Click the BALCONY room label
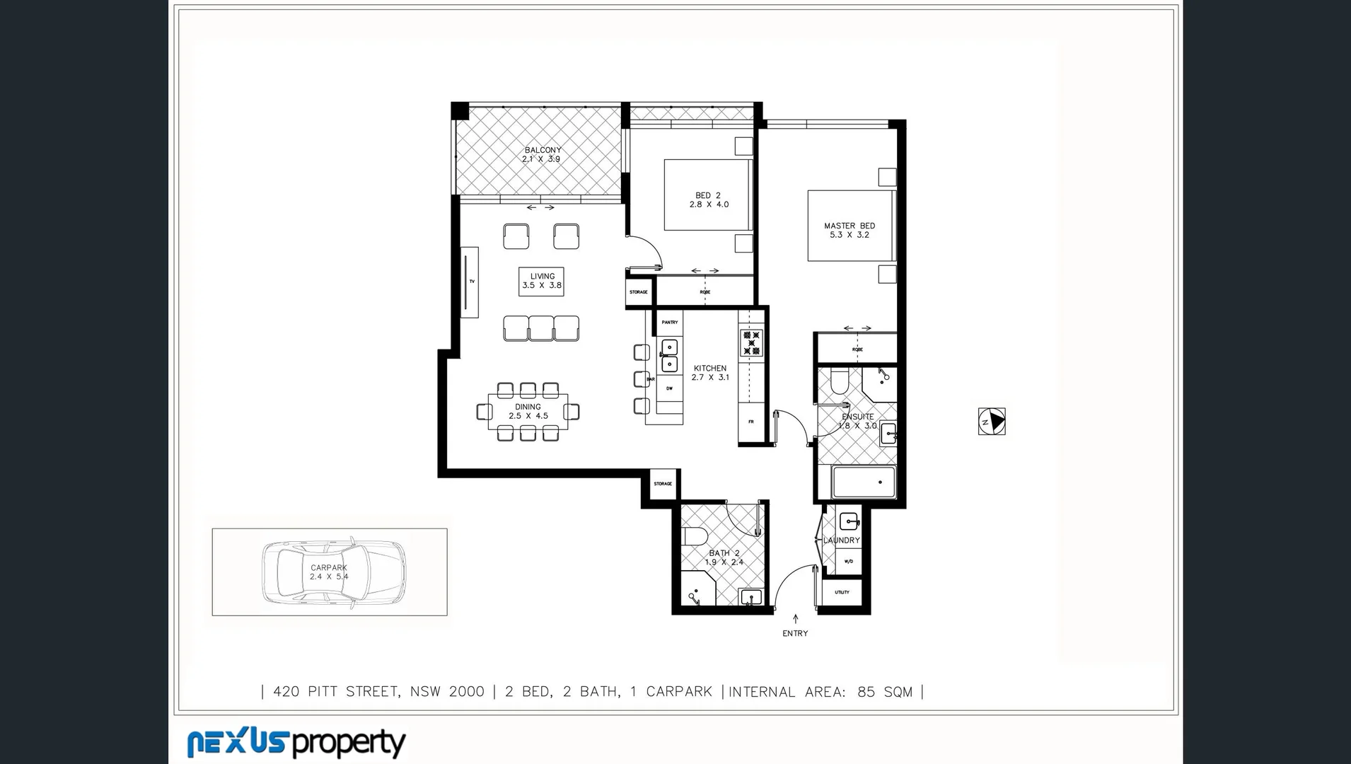pos(543,150)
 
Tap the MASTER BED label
pos(849,226)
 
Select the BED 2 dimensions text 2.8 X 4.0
pos(709,204)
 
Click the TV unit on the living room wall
pos(470,282)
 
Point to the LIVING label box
pos(541,282)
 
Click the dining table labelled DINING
pos(528,412)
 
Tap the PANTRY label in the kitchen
pos(669,323)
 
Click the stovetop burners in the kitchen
pos(750,342)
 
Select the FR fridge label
pos(751,422)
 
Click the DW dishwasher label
pos(669,388)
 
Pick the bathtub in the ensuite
pos(864,482)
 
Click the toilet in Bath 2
pos(692,538)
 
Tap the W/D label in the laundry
pos(849,562)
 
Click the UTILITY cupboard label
pos(842,592)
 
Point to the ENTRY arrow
pos(795,619)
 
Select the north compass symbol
pos(992,422)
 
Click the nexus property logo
pos(296,743)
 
